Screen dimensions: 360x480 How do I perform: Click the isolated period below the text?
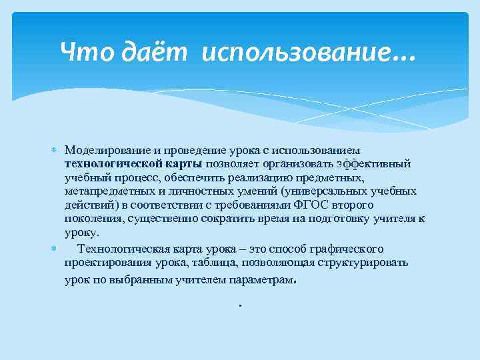tap(239, 306)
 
